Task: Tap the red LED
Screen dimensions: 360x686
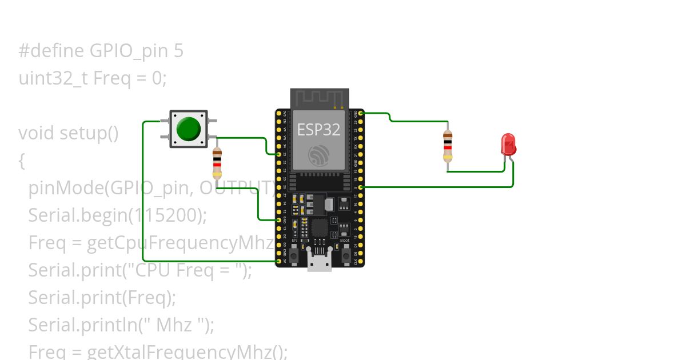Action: [x=508, y=145]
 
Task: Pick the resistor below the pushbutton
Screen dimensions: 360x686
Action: [x=217, y=163]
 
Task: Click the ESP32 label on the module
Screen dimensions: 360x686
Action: [x=318, y=130]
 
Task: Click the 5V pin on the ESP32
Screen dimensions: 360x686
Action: [x=279, y=261]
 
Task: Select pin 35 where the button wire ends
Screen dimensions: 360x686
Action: [x=279, y=154]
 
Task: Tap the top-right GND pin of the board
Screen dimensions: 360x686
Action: [x=361, y=113]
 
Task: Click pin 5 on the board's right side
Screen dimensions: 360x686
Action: [x=361, y=187]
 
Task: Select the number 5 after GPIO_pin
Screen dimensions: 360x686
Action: [x=178, y=51]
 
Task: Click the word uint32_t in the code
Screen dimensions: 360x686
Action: [x=53, y=78]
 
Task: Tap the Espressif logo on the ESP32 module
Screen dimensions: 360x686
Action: [x=318, y=155]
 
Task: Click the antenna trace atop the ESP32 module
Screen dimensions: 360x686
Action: [x=319, y=98]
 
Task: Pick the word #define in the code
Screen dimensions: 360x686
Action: [x=51, y=51]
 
